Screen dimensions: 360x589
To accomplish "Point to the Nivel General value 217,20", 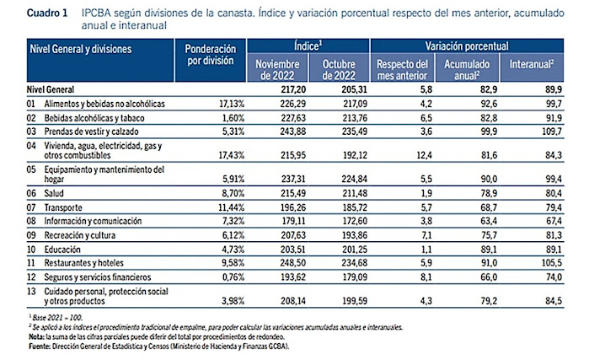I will coord(288,89).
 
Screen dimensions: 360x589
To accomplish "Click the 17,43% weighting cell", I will coord(226,156).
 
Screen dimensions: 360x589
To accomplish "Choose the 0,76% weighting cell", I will coord(228,276).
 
